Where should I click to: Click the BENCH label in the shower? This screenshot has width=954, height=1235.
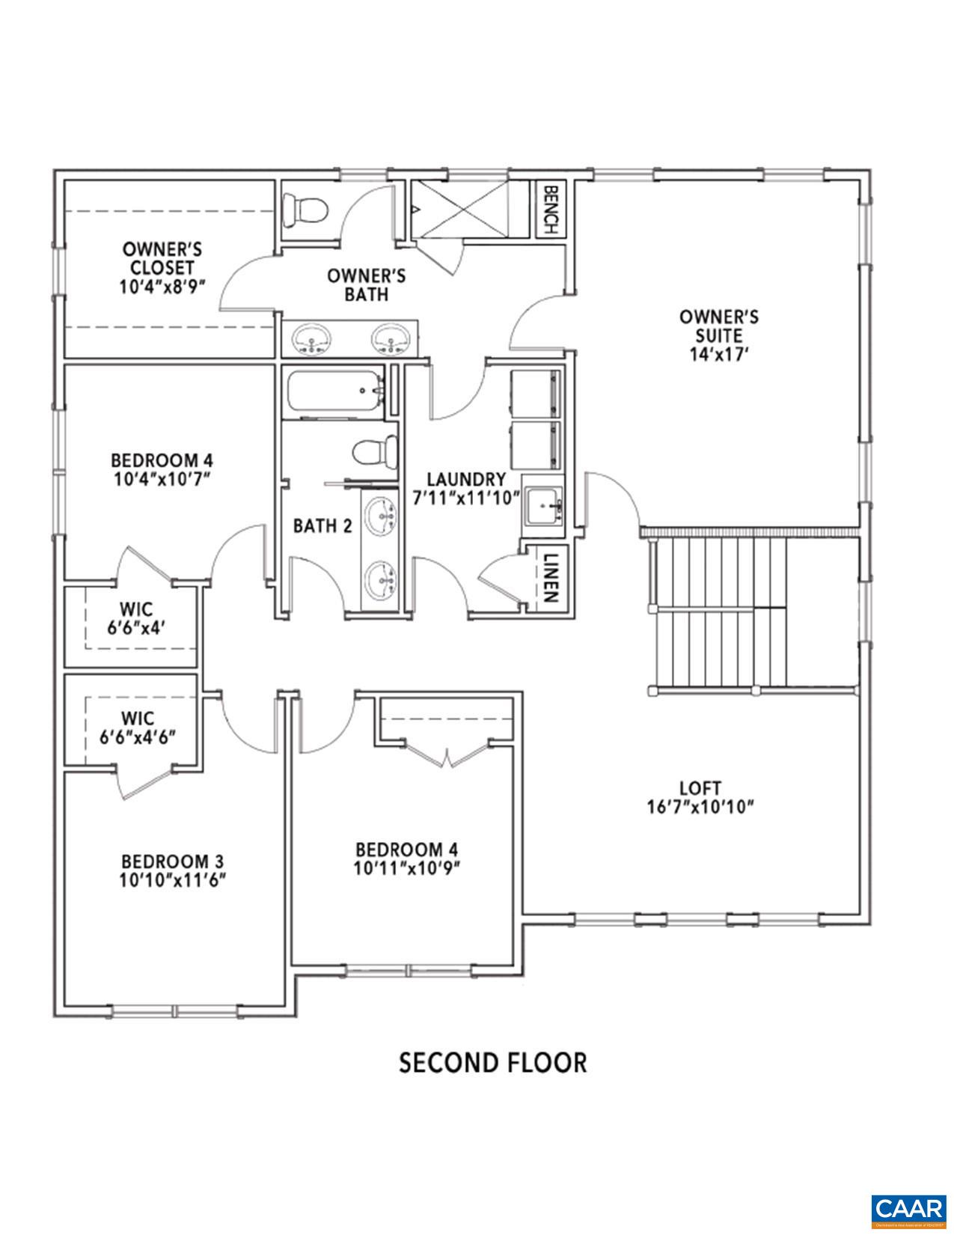pyautogui.click(x=550, y=210)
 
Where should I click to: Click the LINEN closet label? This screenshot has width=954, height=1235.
pyautogui.click(x=550, y=579)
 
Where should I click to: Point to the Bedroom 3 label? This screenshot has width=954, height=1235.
pyautogui.click(x=173, y=860)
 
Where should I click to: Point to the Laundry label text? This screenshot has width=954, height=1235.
pyautogui.click(x=466, y=479)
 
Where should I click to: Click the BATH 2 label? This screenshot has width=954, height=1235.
pyautogui.click(x=322, y=526)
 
